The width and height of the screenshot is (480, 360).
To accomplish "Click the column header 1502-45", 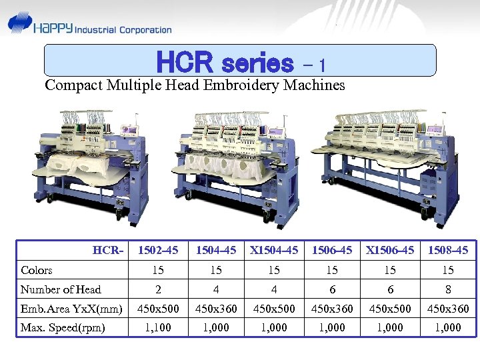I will click(158, 251).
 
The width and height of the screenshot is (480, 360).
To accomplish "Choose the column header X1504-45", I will click(273, 251).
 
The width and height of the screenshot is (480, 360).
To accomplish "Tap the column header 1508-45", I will click(447, 251).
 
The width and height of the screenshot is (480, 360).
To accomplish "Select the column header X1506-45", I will click(390, 251).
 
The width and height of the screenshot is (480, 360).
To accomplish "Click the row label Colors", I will click(37, 270).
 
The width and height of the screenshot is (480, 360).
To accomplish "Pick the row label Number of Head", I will click(61, 289).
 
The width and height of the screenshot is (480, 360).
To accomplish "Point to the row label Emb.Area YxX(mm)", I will click(71, 309).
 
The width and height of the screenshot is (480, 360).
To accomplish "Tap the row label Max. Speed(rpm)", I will click(63, 327).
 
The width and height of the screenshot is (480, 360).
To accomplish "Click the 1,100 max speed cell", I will click(158, 327).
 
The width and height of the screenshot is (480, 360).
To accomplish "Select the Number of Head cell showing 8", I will click(447, 289).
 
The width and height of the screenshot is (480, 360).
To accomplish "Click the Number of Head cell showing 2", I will click(158, 289).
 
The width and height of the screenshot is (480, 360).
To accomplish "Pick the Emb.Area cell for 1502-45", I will click(158, 309).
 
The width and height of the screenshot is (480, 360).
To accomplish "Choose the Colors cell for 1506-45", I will click(332, 270).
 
